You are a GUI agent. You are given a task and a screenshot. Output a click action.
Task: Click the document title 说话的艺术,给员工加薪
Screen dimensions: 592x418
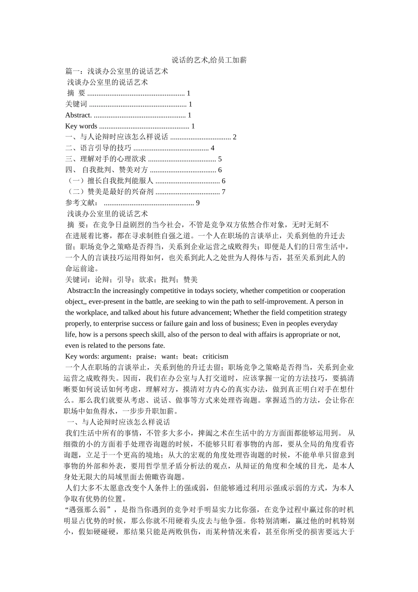(209, 60)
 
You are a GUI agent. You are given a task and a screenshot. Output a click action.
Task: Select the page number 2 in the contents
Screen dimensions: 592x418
(235, 137)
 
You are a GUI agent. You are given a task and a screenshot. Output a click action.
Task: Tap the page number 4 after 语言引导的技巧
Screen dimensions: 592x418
(213, 148)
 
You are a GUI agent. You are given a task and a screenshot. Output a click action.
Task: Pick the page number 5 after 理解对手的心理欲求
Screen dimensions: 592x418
(220, 159)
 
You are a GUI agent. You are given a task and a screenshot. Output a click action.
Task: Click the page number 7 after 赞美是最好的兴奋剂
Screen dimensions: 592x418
(224, 192)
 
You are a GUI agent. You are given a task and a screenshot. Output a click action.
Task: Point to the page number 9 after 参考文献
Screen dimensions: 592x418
(198, 203)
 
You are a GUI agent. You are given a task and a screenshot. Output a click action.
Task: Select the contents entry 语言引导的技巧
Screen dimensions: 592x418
(106, 148)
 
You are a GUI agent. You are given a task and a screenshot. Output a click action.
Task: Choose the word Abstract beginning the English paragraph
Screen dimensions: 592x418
(80, 291)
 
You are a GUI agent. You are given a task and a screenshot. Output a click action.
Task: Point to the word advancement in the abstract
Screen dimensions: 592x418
(212, 313)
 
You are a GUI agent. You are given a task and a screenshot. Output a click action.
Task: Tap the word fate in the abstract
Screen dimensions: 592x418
(158, 345)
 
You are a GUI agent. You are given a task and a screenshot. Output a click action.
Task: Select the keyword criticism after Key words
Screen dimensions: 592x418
(216, 356)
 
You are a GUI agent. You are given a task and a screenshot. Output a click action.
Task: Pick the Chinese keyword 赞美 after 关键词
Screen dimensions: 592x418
(191, 280)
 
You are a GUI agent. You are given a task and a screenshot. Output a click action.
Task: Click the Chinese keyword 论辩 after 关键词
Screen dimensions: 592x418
(102, 280)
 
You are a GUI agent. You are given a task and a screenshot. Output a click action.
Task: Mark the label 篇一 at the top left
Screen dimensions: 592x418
(73, 71)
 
